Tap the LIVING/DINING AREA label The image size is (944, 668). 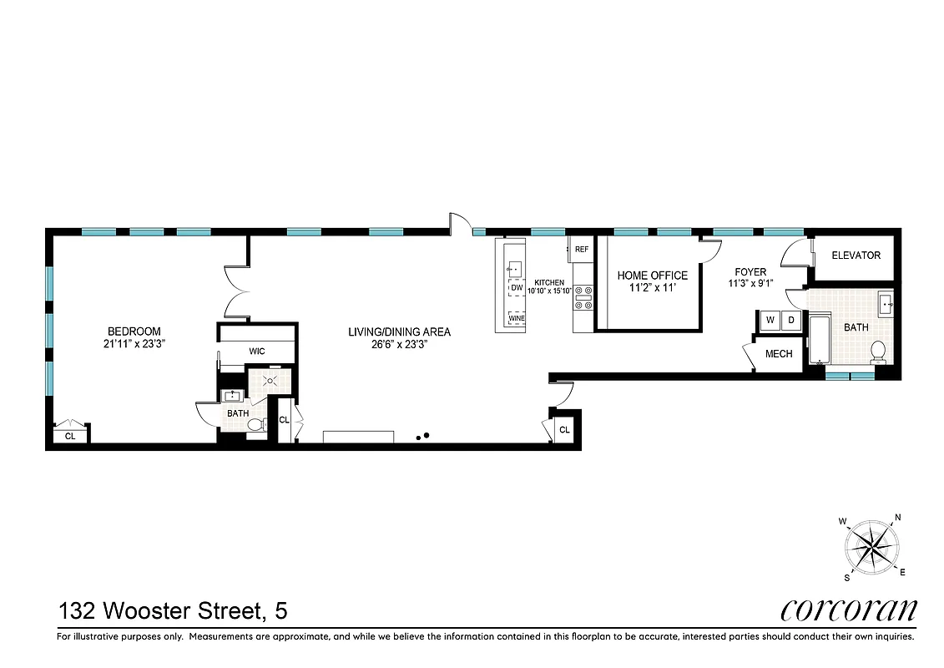399,331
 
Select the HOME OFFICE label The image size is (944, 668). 652,276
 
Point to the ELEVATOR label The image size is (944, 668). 856,256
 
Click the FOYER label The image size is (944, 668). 750,272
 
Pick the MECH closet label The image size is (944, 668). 778,354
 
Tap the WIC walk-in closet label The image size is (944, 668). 256,352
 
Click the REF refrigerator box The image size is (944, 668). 581,249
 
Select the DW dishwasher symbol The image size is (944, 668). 517,288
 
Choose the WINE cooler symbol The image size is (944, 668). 517,318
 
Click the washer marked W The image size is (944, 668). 769,320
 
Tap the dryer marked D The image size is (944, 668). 791,320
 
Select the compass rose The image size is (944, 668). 872,547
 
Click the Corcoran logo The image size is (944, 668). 849,610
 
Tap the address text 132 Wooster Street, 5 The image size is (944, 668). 173,611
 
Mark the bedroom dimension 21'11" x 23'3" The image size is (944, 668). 134,343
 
